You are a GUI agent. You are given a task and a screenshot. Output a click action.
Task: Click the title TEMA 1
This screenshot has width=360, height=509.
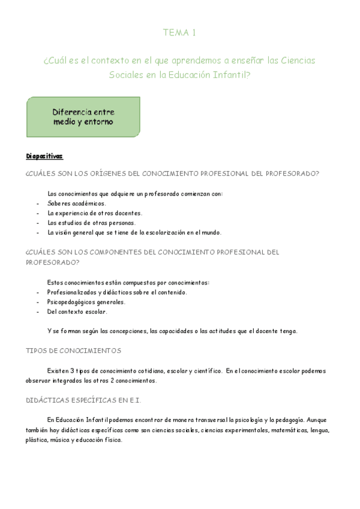click(180, 34)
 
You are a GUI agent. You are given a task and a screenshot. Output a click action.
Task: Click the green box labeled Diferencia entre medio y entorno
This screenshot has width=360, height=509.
click(83, 117)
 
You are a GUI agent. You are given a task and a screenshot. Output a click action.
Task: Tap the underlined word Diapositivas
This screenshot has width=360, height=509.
click(44, 157)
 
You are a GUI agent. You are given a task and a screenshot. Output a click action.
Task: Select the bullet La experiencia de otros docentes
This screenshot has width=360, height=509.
click(95, 213)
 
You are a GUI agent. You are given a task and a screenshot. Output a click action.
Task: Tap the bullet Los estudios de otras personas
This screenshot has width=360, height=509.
click(87, 223)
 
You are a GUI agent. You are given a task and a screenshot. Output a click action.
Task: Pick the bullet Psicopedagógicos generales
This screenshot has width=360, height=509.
click(86, 302)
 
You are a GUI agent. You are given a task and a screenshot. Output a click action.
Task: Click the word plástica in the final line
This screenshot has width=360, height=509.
click(37, 439)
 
